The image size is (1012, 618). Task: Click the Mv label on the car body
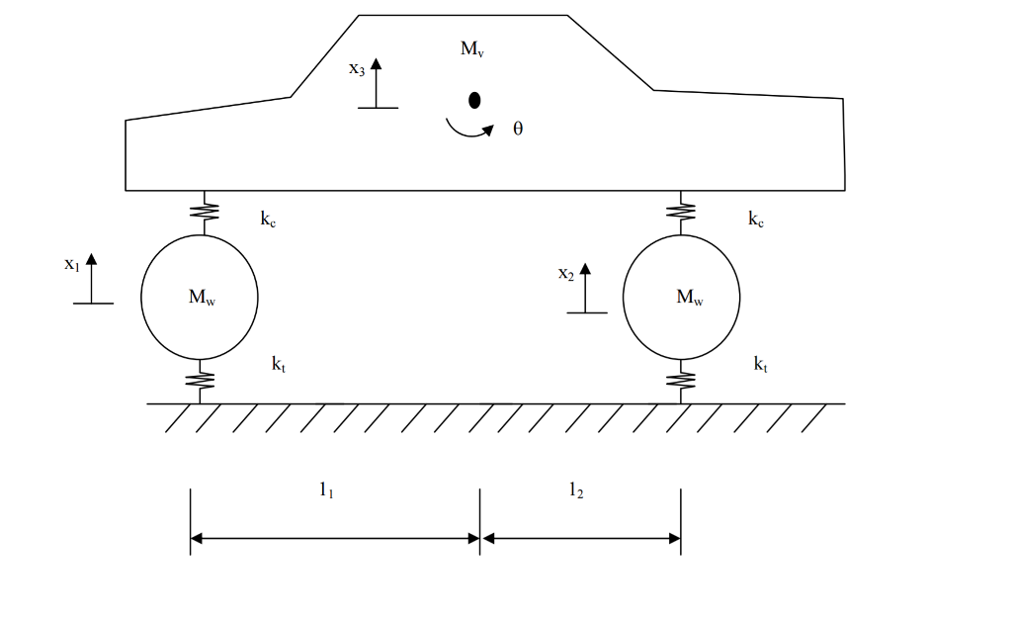coord(471,48)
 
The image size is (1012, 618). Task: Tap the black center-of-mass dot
coord(474,100)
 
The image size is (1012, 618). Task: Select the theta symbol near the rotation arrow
coord(518,129)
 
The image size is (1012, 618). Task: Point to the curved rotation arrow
coord(467,133)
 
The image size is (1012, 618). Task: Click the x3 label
coord(357,68)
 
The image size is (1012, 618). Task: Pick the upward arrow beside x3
coord(377,83)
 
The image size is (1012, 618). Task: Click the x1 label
coord(71,263)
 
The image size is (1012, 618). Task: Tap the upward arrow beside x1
coord(92,278)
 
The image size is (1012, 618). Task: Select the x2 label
coord(566,274)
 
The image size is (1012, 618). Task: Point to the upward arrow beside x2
coord(585,288)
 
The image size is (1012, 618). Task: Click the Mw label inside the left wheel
coord(202,297)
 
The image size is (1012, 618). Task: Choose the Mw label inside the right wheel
coord(690,297)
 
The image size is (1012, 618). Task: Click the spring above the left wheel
coord(205,212)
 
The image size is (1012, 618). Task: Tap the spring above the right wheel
coord(681,212)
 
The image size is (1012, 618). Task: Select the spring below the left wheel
coord(200,381)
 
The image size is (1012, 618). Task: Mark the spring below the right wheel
coord(681,381)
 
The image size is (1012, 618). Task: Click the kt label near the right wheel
coord(761,364)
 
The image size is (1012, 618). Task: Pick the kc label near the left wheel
coord(268,220)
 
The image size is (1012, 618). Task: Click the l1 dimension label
coord(326,490)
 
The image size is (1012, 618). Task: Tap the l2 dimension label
coord(576,490)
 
